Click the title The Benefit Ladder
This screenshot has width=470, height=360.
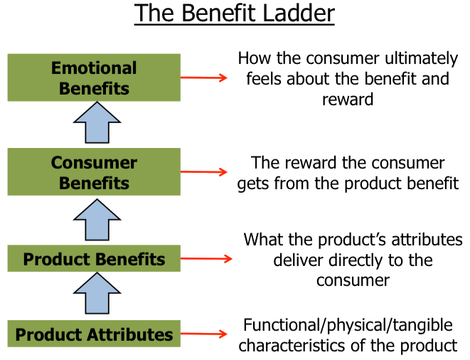pos(234,14)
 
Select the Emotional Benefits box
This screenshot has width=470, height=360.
pos(94,78)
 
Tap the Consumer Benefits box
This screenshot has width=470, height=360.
pos(94,173)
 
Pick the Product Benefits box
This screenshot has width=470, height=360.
pos(94,259)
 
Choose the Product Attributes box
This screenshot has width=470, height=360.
pos(94,334)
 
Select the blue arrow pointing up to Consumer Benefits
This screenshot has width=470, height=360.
pos(94,219)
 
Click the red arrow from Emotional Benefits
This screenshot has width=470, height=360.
pos(203,77)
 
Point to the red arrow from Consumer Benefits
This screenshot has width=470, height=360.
pos(203,172)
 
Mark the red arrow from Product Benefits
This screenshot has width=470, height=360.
pos(206,258)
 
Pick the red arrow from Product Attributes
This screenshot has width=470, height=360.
pos(203,333)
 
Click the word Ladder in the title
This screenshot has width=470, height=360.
pos(298,14)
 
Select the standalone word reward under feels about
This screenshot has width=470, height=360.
pos(348,99)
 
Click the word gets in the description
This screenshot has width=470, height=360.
pos(257,184)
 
